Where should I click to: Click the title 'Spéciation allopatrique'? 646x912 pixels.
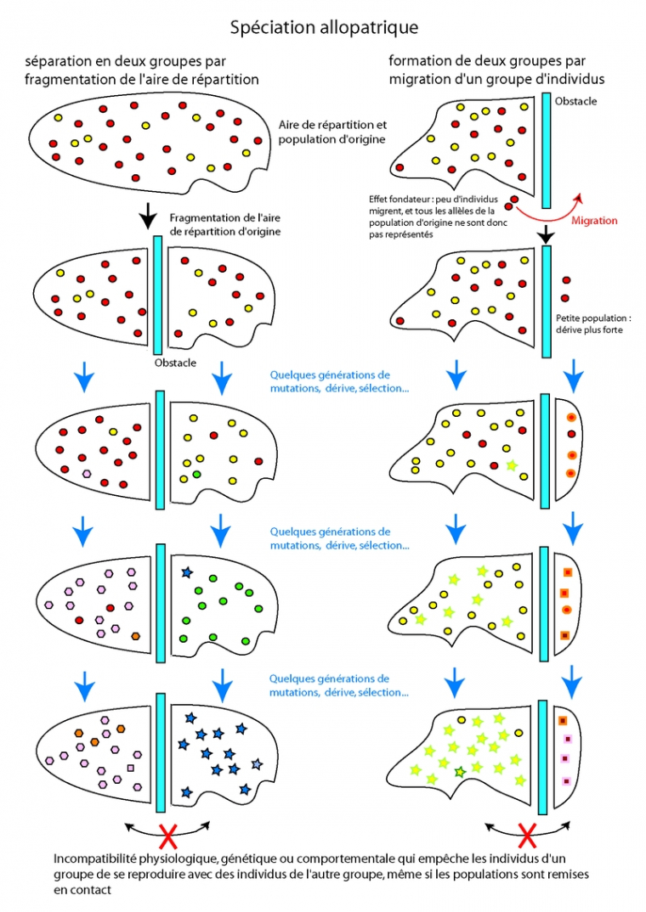(x=324, y=28)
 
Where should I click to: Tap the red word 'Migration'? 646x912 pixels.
(x=594, y=221)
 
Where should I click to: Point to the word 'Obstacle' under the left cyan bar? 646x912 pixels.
(x=176, y=363)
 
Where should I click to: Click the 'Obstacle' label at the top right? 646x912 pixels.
(x=575, y=101)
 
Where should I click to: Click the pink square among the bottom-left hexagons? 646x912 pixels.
(x=130, y=768)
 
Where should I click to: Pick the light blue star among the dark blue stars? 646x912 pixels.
(x=257, y=764)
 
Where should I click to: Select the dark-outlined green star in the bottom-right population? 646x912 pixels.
(x=460, y=771)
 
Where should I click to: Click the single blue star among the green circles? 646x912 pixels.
(x=185, y=573)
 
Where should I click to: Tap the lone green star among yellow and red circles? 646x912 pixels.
(x=510, y=464)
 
